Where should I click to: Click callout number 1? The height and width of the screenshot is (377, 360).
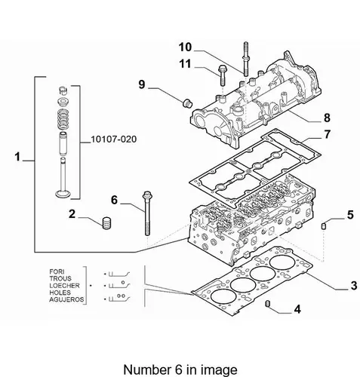(x=17, y=157)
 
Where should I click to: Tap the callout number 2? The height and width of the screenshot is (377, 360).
(x=72, y=214)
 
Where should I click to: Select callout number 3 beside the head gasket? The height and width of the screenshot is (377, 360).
(x=354, y=286)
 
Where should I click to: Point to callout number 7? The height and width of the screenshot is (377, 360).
(x=327, y=134)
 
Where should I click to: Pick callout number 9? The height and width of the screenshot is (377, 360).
(x=142, y=84)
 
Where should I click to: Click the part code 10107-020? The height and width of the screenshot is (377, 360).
(x=114, y=139)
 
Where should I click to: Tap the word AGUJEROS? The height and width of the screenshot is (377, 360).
(x=66, y=299)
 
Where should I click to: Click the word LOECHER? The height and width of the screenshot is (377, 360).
(x=64, y=286)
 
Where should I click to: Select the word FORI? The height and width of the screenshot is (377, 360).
(x=57, y=271)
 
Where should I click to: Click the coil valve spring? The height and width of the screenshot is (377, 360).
(x=63, y=119)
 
